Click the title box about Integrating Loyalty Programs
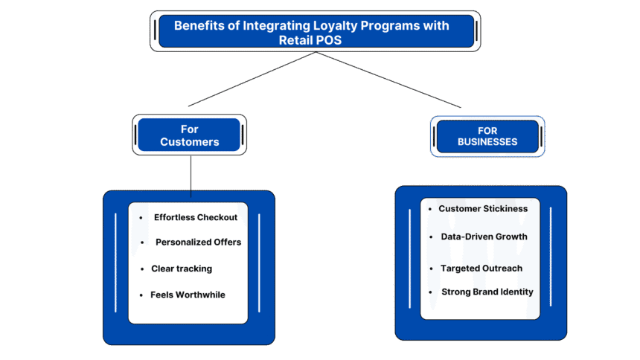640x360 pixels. tap(316, 32)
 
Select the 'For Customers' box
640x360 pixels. tap(189, 135)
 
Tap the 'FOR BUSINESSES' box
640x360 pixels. tap(487, 136)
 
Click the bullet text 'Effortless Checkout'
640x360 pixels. tap(196, 217)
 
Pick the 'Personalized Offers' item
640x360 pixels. tap(198, 242)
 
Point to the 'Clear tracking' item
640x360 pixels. tap(182, 268)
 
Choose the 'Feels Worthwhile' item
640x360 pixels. tap(188, 295)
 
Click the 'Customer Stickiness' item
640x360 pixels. tap(483, 208)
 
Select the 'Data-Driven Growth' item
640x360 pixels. tap(484, 237)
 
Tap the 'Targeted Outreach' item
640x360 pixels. tap(481, 268)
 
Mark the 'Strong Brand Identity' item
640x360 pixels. tap(487, 292)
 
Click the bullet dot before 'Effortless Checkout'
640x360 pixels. tap(141, 218)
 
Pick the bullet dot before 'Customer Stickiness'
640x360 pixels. tap(429, 209)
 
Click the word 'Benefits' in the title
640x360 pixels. tap(197, 25)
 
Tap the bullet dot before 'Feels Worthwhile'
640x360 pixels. tap(141, 295)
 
